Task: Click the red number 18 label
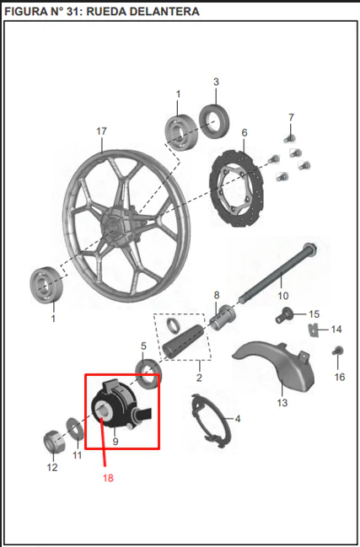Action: pyautogui.click(x=108, y=478)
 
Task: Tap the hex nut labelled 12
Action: pyautogui.click(x=54, y=442)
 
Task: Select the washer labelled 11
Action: pyautogui.click(x=75, y=428)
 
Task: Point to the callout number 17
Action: pyautogui.click(x=101, y=131)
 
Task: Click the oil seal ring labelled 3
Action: pyautogui.click(x=214, y=121)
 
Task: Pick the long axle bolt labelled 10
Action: pyautogui.click(x=277, y=272)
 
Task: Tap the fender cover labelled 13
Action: pyautogui.click(x=275, y=366)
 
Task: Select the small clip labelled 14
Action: pyautogui.click(x=314, y=330)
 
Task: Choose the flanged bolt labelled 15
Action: pyautogui.click(x=283, y=314)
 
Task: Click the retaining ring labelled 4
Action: pyautogui.click(x=211, y=421)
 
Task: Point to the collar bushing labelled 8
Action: pyautogui.click(x=223, y=318)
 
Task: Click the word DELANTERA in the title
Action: pyautogui.click(x=143, y=12)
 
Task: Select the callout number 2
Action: pyautogui.click(x=199, y=378)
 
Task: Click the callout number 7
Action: pyautogui.click(x=291, y=117)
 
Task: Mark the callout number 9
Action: pyautogui.click(x=116, y=442)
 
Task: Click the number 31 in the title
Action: pyautogui.click(x=72, y=12)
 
